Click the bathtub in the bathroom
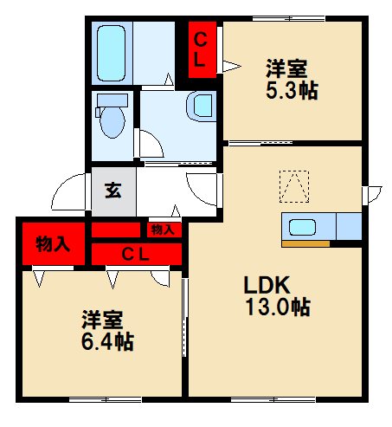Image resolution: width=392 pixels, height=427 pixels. (111, 53)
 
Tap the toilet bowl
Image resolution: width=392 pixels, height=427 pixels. (112, 122)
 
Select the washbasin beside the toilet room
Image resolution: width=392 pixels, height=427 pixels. (202, 107)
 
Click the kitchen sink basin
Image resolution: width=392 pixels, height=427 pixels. (302, 227)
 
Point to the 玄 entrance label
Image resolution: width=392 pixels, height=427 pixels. (113, 191)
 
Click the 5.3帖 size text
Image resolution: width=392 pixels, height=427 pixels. (292, 91)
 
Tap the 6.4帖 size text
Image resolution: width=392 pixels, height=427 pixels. (107, 342)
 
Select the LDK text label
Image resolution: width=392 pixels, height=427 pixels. (267, 285)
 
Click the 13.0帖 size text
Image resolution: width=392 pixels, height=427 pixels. (278, 307)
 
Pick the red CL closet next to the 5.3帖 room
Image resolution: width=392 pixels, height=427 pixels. (202, 49)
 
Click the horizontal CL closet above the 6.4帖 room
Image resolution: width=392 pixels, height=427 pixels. (137, 254)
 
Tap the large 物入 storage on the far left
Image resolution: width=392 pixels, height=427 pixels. (54, 244)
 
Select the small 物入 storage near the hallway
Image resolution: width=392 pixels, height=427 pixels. (164, 230)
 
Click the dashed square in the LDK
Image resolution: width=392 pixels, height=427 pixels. (294, 186)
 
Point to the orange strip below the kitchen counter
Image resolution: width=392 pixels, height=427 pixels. (305, 244)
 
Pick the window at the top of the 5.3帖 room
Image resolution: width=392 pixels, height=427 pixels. (289, 19)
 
